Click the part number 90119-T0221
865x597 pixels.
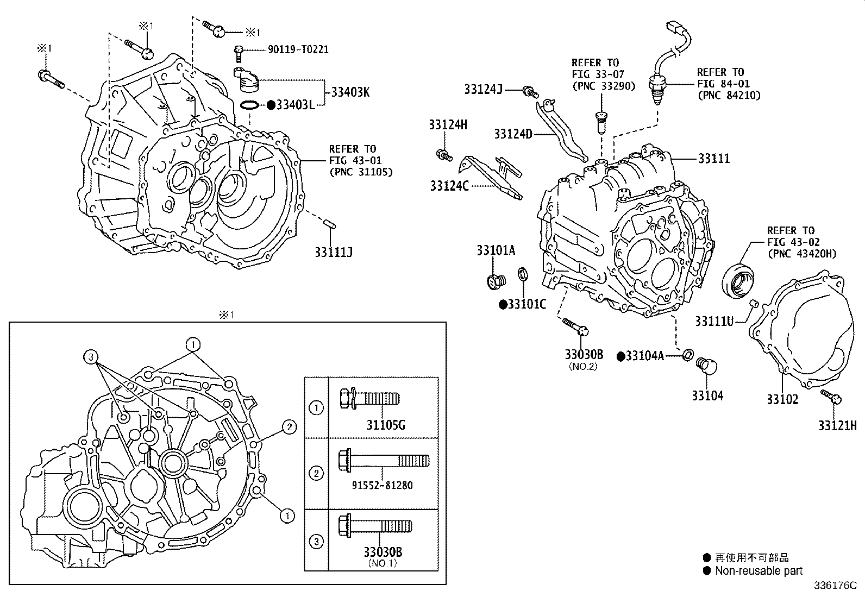pyautogui.click(x=298, y=49)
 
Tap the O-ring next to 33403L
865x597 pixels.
pyautogui.click(x=249, y=105)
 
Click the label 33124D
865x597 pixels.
pyautogui.click(x=513, y=134)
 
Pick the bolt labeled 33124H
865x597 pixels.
pyautogui.click(x=444, y=155)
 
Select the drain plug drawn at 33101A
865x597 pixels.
pyautogui.click(x=496, y=282)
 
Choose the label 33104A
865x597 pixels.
pyautogui.click(x=644, y=356)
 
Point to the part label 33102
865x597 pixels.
pyautogui.click(x=782, y=399)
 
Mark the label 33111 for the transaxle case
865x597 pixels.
pyautogui.click(x=714, y=159)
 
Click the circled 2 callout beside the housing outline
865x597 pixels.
pyautogui.click(x=290, y=428)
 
